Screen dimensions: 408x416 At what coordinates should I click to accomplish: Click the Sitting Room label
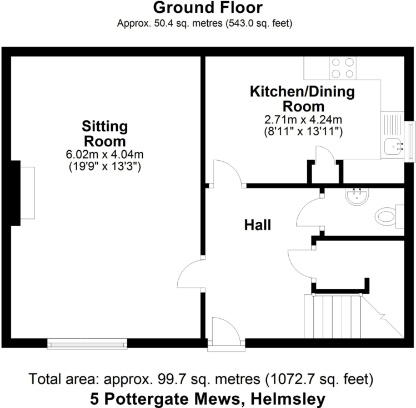[104, 133]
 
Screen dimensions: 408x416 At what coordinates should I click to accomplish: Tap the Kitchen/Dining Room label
[303, 98]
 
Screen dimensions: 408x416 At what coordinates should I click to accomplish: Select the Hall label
[258, 225]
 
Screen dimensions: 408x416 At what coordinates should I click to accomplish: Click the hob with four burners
[343, 68]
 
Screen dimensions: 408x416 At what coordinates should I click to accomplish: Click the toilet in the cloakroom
[387, 216]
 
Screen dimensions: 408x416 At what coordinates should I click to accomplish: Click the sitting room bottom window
[87, 344]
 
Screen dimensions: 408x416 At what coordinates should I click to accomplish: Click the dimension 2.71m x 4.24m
[303, 119]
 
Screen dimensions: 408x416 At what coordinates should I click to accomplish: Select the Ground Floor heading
[208, 8]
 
